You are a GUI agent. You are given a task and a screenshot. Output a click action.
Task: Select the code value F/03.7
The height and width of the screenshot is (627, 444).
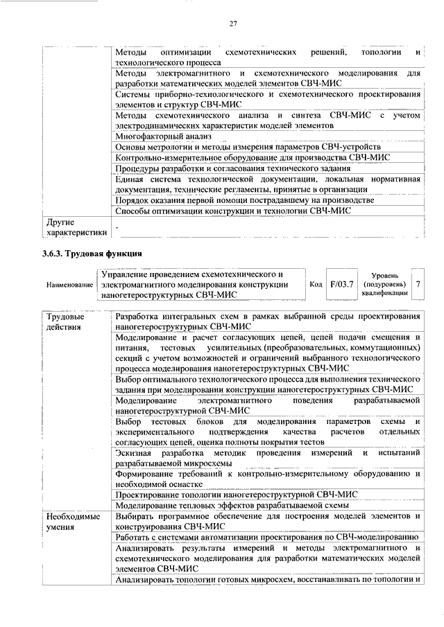coord(342,284)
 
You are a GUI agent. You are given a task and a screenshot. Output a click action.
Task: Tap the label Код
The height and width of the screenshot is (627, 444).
coord(316,285)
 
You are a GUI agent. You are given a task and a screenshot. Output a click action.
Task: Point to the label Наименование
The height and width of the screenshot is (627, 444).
coord(69,285)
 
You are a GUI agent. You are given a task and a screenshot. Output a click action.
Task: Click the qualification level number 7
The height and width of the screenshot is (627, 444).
coord(418,284)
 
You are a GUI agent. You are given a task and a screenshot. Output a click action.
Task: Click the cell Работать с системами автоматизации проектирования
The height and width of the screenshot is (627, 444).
coord(266,538)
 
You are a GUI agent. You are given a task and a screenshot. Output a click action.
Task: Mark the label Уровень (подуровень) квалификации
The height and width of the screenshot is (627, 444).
coord(384,284)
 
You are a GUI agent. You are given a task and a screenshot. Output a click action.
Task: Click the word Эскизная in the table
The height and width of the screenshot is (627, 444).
coord(135,452)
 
